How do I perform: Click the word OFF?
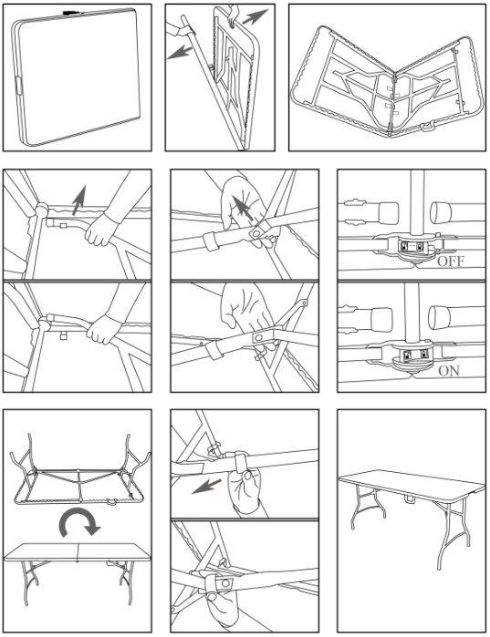click(x=451, y=261)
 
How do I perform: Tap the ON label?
click(x=449, y=371)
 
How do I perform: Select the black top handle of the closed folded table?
click(x=71, y=13)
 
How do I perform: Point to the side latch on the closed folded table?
click(x=18, y=85)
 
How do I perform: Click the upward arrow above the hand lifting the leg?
click(x=79, y=200)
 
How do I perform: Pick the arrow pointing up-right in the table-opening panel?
click(x=255, y=16)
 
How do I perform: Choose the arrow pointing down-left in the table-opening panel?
click(x=179, y=53)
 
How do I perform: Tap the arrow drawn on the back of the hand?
click(x=244, y=207)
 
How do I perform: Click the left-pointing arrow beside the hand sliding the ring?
click(x=206, y=486)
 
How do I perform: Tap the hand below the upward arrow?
click(x=99, y=230)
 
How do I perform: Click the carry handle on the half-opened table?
click(x=426, y=128)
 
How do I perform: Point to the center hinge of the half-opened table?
click(x=392, y=101)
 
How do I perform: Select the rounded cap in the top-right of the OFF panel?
click(x=442, y=212)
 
